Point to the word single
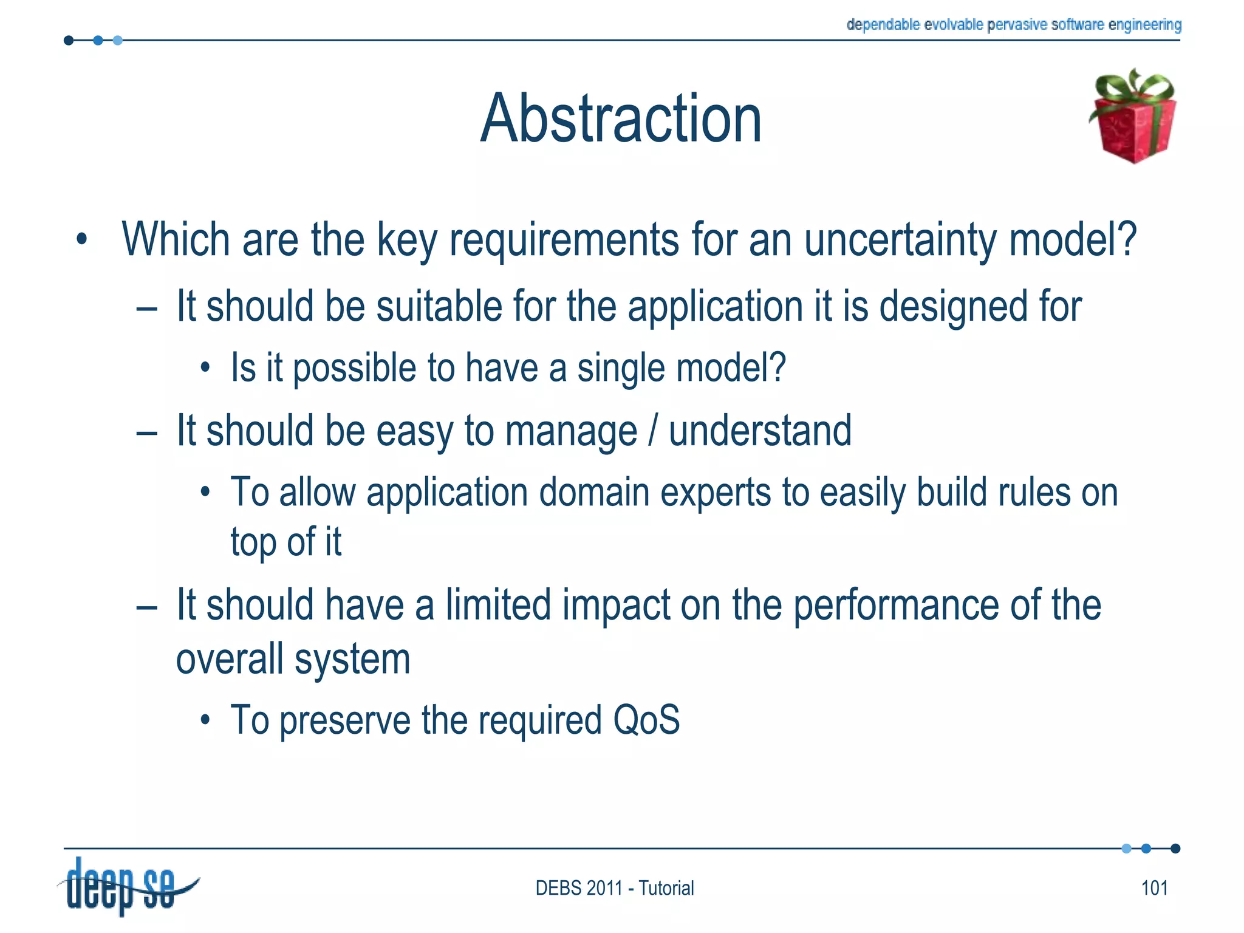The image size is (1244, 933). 621,369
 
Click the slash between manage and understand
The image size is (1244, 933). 653,431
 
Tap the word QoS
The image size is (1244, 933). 646,720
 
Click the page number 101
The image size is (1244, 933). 1154,888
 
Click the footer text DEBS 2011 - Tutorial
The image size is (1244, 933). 614,888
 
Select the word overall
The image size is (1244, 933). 229,660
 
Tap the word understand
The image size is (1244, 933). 760,431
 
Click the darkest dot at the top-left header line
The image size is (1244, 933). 69,41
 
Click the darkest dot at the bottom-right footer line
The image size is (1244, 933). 1175,849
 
